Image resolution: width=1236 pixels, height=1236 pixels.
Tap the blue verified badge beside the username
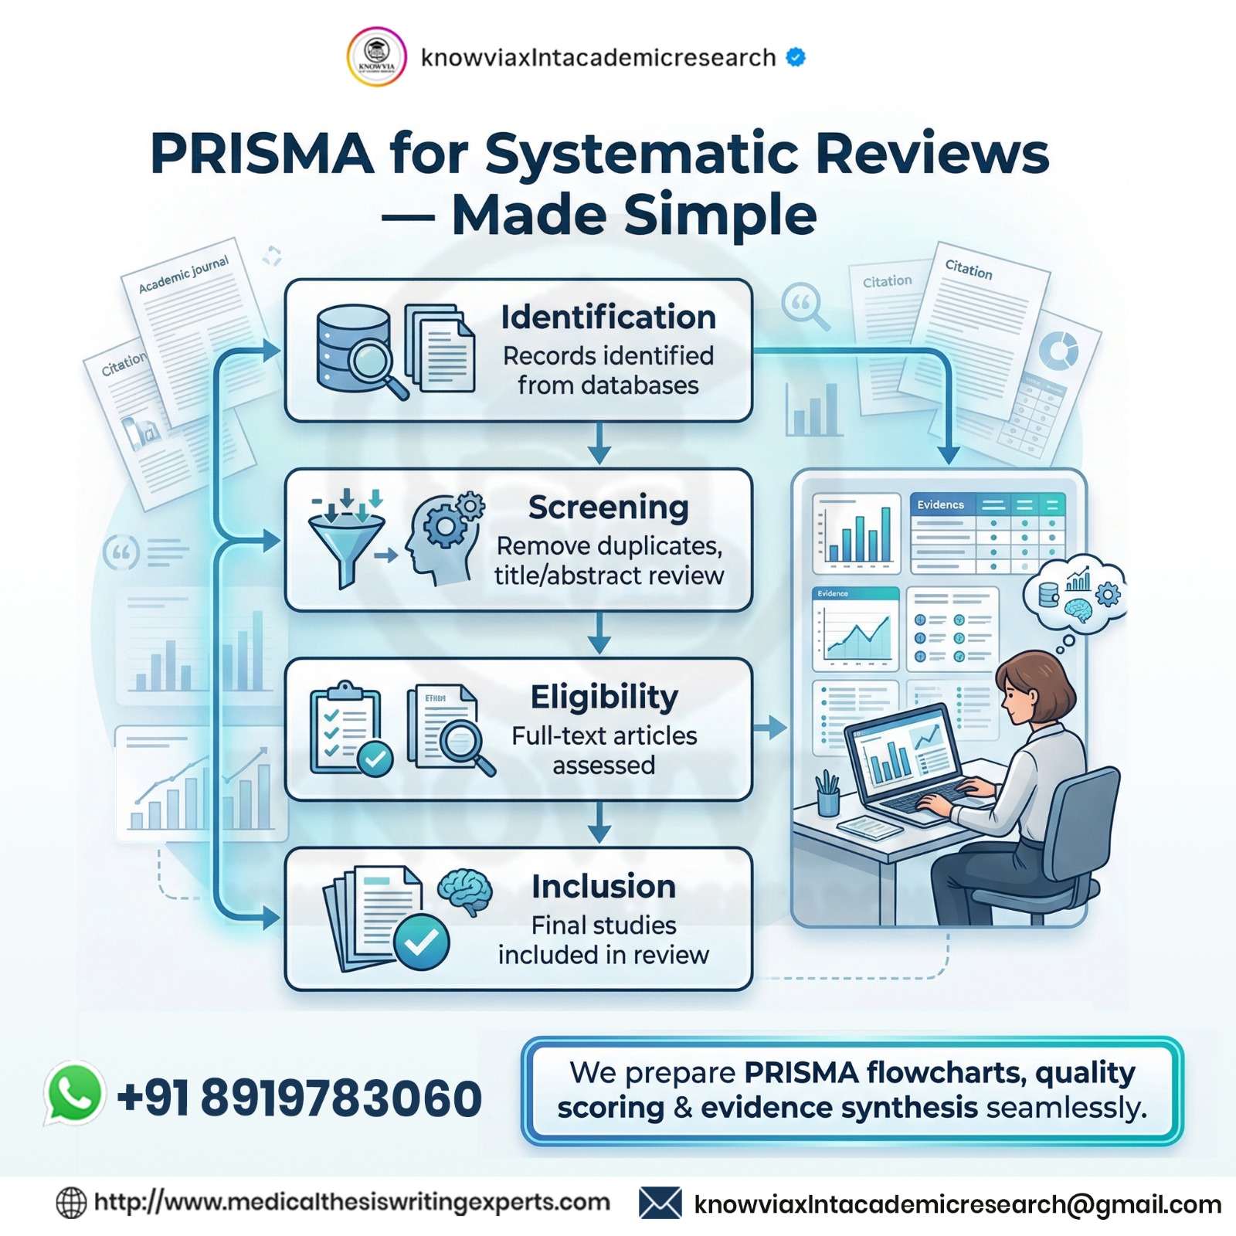coord(796,57)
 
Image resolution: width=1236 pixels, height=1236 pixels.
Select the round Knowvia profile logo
coord(376,57)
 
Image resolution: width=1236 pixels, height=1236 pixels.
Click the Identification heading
coord(608,317)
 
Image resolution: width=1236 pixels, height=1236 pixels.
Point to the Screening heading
coord(608,508)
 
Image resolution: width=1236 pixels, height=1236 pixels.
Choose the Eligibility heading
coord(604,697)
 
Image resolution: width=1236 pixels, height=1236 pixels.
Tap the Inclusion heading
coord(603,886)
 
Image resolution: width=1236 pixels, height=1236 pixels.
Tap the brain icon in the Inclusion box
coord(465,890)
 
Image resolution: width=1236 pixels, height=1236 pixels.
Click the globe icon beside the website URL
coord(71,1203)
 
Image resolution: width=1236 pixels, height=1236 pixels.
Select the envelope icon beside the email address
coord(660,1203)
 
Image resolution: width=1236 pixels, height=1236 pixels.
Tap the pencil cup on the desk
coord(827,796)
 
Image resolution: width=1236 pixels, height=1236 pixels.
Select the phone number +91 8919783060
coord(299,1098)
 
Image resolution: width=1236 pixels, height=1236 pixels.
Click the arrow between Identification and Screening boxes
coord(599,446)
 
